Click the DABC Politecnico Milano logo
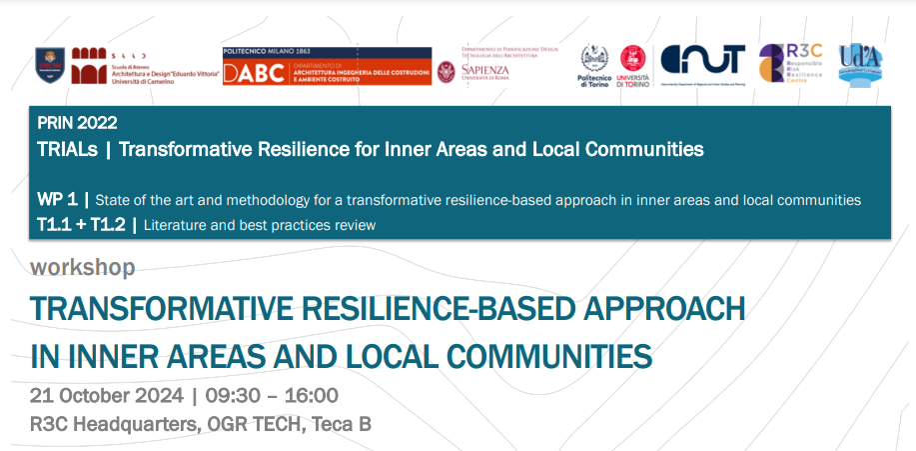tap(327, 67)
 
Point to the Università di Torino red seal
tap(632, 60)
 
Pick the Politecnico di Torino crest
tap(596, 59)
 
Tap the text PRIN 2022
tap(77, 124)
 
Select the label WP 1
tap(57, 200)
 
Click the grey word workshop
tap(83, 268)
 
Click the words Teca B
tap(342, 424)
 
